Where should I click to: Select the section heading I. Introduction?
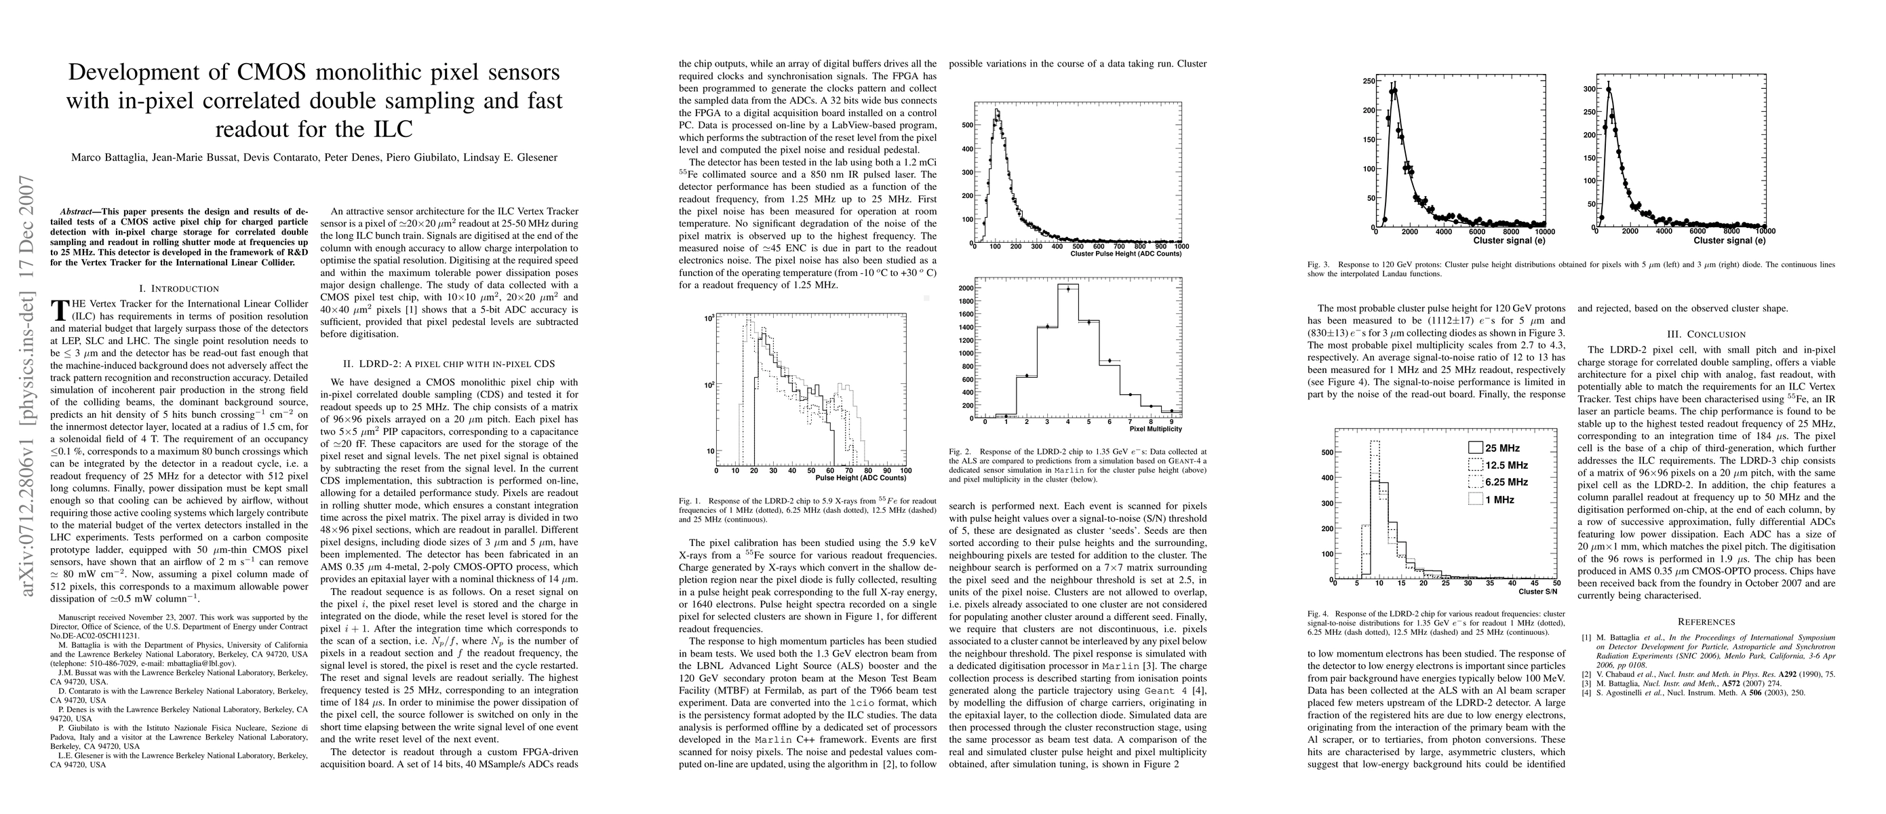(178, 288)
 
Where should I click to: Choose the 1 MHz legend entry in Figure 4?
(1493, 499)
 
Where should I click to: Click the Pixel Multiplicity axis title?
(1156, 429)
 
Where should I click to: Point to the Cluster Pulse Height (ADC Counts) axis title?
(1125, 253)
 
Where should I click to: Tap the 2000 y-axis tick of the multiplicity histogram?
(965, 288)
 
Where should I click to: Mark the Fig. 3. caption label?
(1316, 265)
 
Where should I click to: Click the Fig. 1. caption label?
(688, 501)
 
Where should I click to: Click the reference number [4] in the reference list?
(1586, 693)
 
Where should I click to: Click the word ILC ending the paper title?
(392, 129)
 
